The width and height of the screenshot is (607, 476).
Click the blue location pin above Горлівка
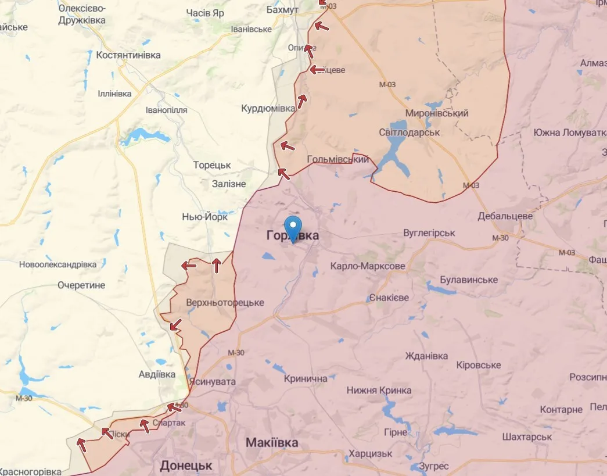[294, 227]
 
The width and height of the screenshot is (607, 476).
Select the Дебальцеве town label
[505, 216]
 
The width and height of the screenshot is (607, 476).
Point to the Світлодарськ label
[407, 133]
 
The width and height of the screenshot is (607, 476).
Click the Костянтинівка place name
[128, 55]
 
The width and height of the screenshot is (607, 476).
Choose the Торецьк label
[212, 165]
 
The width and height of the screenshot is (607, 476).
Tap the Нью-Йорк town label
[205, 216]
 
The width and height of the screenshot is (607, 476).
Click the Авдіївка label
[157, 374]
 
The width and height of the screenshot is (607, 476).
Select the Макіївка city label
[272, 442]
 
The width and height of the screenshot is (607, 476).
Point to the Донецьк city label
[186, 466]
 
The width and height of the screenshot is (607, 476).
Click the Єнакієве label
[389, 298]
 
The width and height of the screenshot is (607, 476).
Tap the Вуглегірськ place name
[429, 233]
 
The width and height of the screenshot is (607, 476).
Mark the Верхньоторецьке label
[225, 303]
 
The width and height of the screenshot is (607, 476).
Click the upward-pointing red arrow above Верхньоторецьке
[216, 266]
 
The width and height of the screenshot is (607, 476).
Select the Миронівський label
[437, 113]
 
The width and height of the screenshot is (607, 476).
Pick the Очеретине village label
[81, 285]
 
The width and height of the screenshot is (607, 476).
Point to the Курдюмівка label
[268, 109]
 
